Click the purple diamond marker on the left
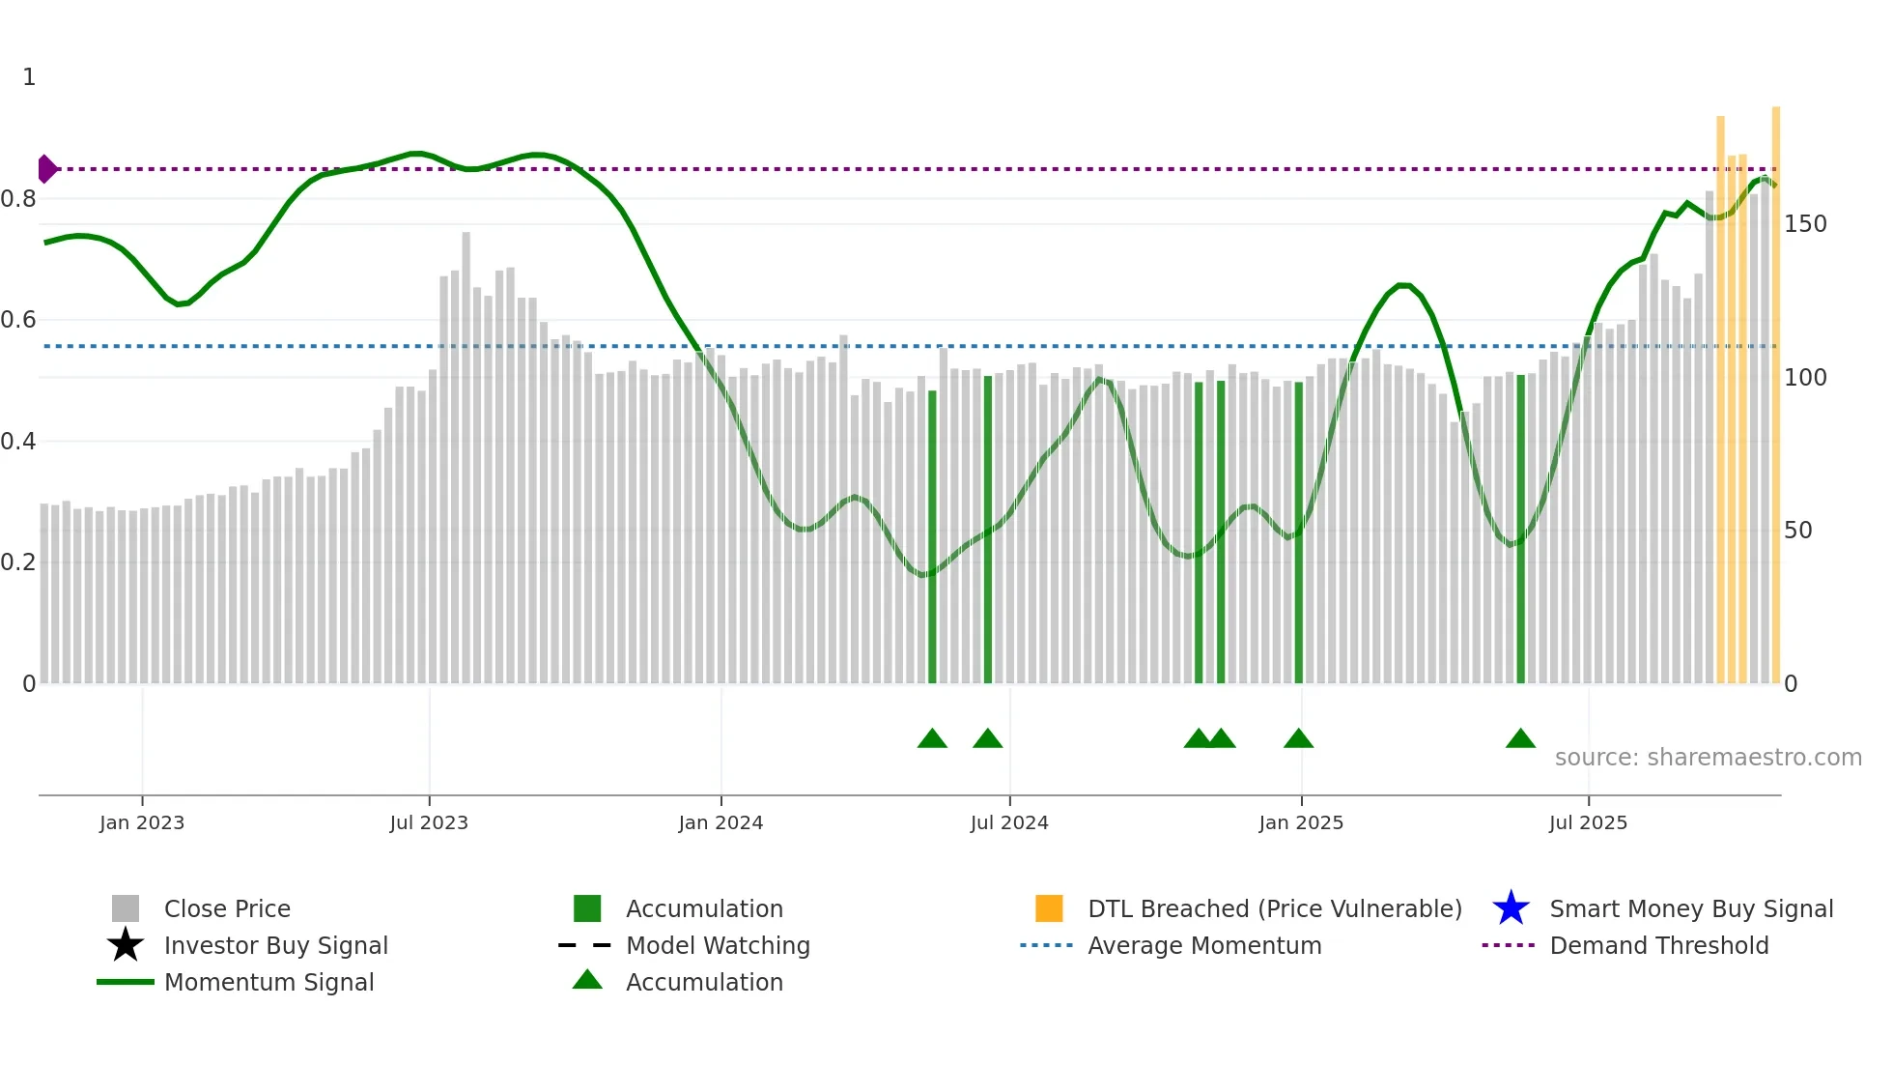pyautogui.click(x=47, y=169)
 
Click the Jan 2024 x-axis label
pyautogui.click(x=720, y=822)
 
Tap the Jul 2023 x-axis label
pyautogui.click(x=429, y=822)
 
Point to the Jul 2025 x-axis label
pyautogui.click(x=1588, y=822)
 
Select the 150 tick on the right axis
pyautogui.click(x=1805, y=224)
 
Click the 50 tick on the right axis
pyautogui.click(x=1798, y=531)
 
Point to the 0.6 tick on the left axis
pyautogui.click(x=18, y=320)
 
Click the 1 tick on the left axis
pyautogui.click(x=29, y=77)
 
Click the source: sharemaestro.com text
pyautogui.click(x=1708, y=758)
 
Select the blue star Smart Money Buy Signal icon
pyautogui.click(x=1511, y=908)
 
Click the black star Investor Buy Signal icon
pyautogui.click(x=126, y=945)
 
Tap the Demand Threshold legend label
pyautogui.click(x=1658, y=945)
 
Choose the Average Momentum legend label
pyautogui.click(x=1204, y=945)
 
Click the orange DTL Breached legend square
pyautogui.click(x=1049, y=908)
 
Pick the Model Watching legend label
pyautogui.click(x=718, y=945)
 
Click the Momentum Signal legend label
pyautogui.click(x=268, y=982)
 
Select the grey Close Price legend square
pyautogui.click(x=126, y=908)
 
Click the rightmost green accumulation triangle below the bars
pyautogui.click(x=1520, y=739)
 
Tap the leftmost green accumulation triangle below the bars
pyautogui.click(x=932, y=739)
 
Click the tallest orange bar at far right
pyautogui.click(x=1775, y=387)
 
